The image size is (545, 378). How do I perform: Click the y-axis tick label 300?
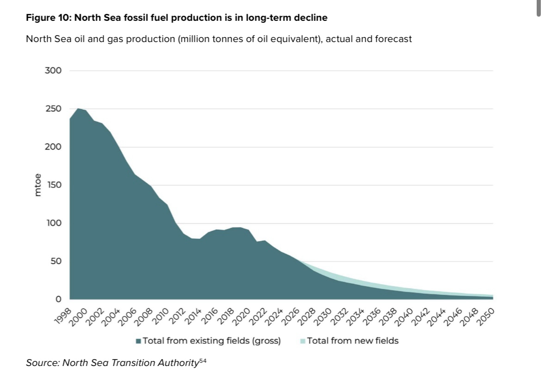53,71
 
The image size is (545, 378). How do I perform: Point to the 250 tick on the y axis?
53,109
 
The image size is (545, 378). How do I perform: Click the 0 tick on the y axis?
58,299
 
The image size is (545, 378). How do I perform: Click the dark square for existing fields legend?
138,341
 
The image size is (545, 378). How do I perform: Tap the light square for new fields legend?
303,341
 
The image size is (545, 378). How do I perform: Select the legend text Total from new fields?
353,341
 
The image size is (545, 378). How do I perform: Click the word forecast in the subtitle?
392,39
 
